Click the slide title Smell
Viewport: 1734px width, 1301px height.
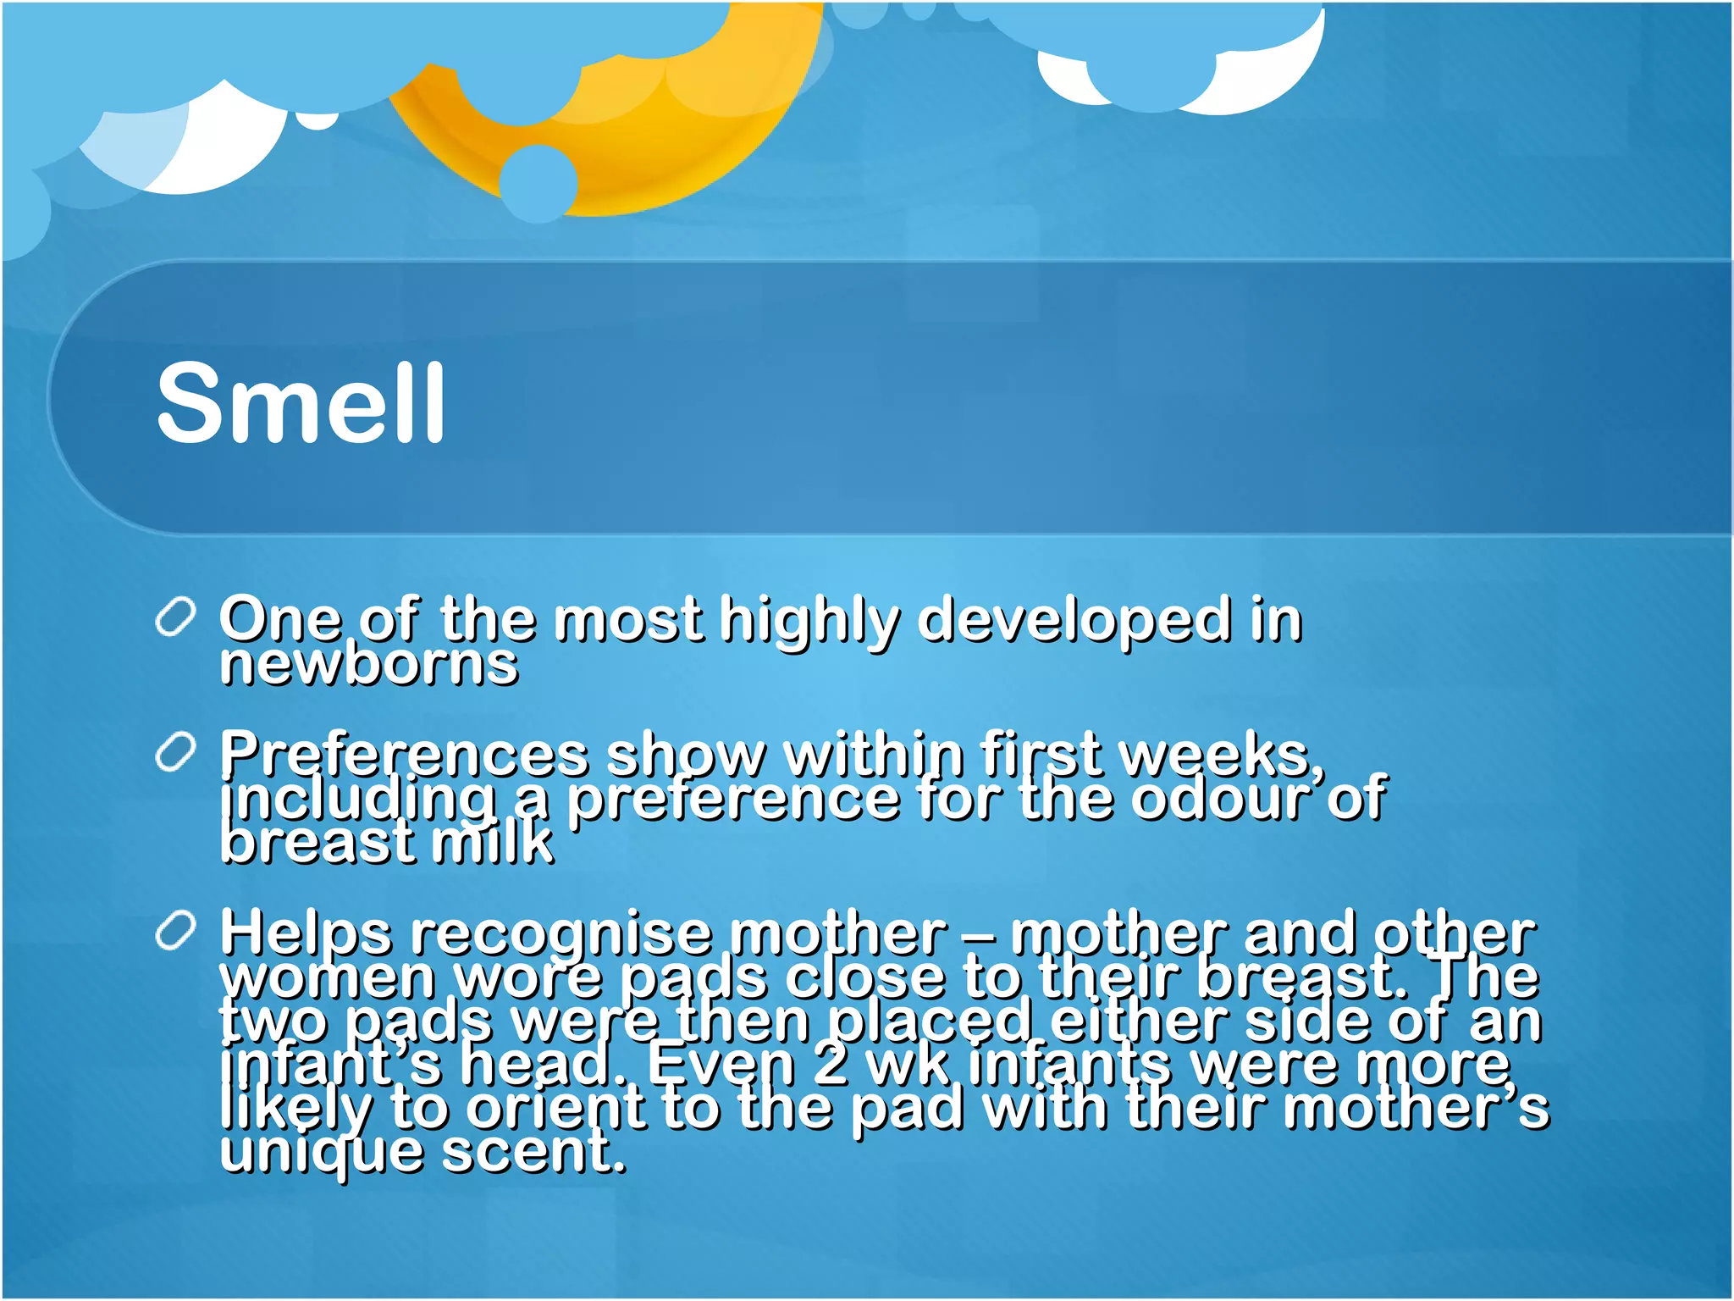(301, 402)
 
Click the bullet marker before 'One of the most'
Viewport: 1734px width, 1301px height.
(175, 617)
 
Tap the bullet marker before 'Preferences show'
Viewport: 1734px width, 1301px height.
(175, 752)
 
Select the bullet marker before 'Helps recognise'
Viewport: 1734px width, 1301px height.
(175, 932)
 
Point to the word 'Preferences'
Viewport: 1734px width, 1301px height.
(404, 753)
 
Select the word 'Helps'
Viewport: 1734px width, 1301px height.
(306, 933)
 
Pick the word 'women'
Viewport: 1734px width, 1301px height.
(328, 977)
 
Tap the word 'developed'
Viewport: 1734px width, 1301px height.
(1074, 619)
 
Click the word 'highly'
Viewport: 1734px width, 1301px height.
(809, 619)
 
